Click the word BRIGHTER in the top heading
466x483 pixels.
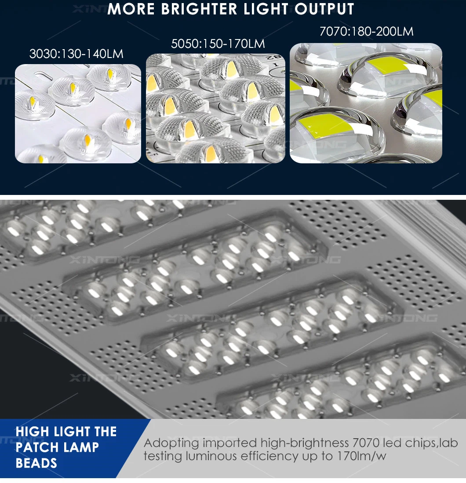tap(199, 9)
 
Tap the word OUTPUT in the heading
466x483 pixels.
tap(324, 9)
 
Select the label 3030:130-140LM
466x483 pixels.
tap(76, 54)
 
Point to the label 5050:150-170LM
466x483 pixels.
tap(218, 44)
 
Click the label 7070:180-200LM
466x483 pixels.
tap(366, 32)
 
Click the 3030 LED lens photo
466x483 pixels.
tap(78, 114)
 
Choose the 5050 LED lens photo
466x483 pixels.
tap(215, 108)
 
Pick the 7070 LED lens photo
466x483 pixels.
tap(366, 103)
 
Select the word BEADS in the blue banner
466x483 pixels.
tap(36, 463)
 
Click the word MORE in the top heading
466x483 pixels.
tap(131, 9)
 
